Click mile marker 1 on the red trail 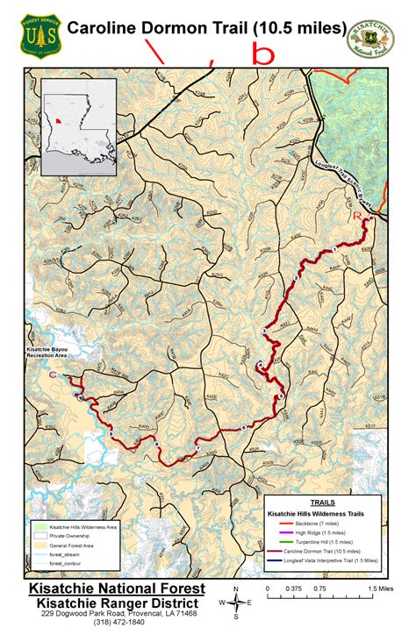[x=334, y=251]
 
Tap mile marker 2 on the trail [x=297, y=277]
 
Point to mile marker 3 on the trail [x=264, y=330]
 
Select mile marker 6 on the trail [x=243, y=427]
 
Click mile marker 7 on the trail [x=197, y=448]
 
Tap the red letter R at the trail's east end [x=356, y=215]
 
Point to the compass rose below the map [x=236, y=601]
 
